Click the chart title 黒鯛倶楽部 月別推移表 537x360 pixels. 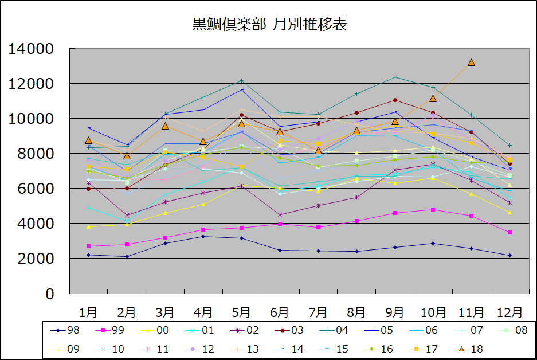click(x=269, y=25)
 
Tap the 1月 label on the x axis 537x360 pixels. click(x=88, y=312)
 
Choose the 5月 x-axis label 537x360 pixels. click(x=241, y=312)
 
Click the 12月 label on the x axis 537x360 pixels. click(x=509, y=312)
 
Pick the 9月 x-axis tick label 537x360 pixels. click(x=395, y=312)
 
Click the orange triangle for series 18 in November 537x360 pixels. click(x=471, y=62)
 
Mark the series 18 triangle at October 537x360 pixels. click(x=433, y=98)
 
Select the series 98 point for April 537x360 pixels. click(x=203, y=236)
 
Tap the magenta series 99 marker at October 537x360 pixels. click(x=433, y=209)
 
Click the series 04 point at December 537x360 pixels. click(x=509, y=145)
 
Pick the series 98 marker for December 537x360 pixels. click(x=509, y=255)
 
